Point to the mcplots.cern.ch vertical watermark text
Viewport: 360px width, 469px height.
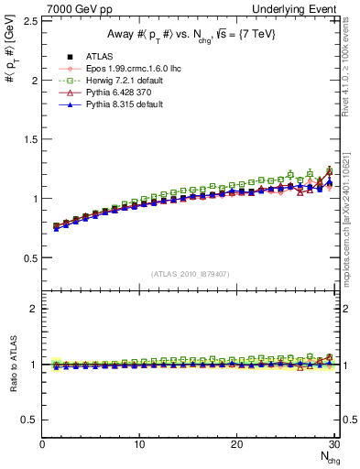click(351, 211)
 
